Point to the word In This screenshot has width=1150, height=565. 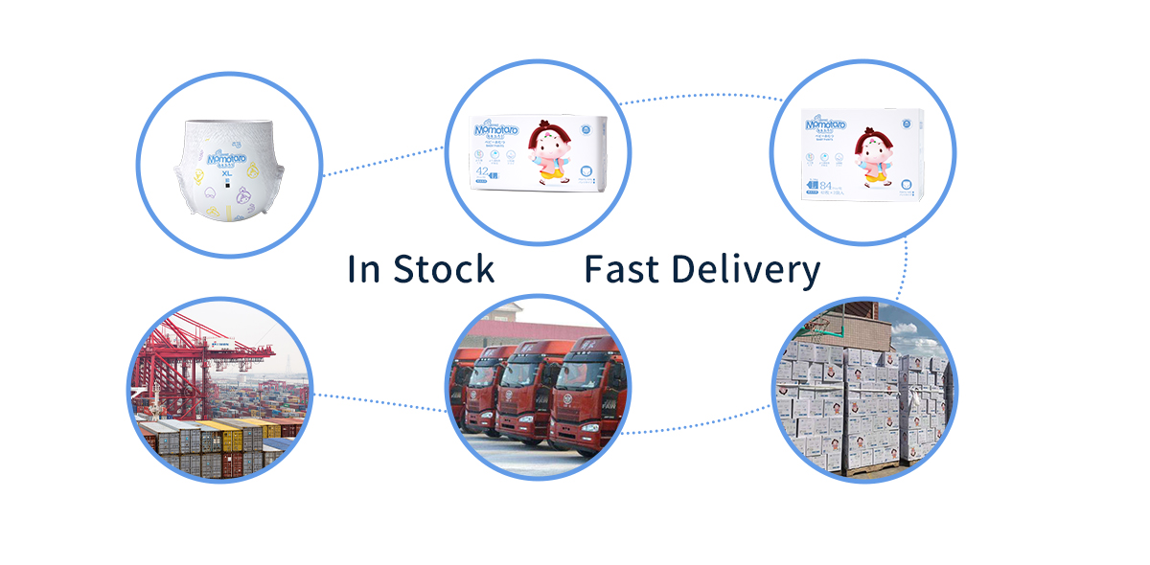(x=363, y=269)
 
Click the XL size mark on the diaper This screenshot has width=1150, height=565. (x=226, y=172)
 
